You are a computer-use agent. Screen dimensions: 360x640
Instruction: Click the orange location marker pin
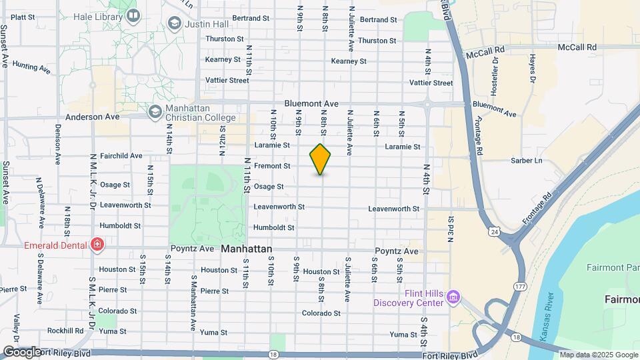click(x=321, y=159)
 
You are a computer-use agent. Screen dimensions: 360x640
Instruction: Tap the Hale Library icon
click(x=133, y=15)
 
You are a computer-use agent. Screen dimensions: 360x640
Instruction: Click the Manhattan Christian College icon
click(x=155, y=111)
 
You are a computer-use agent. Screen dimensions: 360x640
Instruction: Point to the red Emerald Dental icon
click(x=97, y=245)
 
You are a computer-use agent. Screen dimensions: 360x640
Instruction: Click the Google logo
click(x=22, y=351)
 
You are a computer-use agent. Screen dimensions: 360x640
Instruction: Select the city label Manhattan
click(x=246, y=249)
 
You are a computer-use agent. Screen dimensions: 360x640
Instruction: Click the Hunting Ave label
click(x=31, y=67)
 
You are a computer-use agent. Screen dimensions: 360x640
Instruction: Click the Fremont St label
click(x=272, y=165)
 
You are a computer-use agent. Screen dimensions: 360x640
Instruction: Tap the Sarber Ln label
click(x=526, y=161)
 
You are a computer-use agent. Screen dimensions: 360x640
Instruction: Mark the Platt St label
click(x=23, y=17)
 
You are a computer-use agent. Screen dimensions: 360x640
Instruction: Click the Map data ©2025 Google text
click(x=604, y=354)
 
